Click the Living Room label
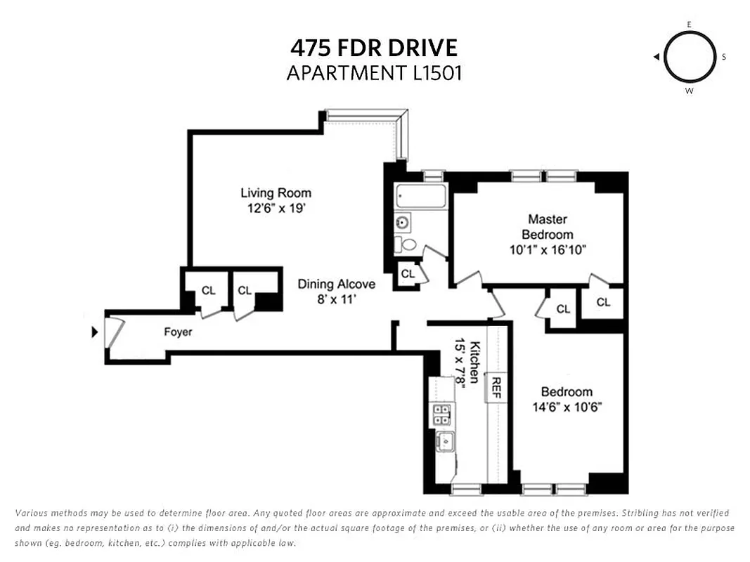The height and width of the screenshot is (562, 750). pyautogui.click(x=276, y=193)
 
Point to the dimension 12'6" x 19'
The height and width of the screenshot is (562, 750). pyautogui.click(x=276, y=209)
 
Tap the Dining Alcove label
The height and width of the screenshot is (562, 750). pyautogui.click(x=336, y=285)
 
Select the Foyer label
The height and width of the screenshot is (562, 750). pyautogui.click(x=178, y=332)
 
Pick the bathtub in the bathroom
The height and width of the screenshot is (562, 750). pyautogui.click(x=420, y=196)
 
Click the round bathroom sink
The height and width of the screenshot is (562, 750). pyautogui.click(x=403, y=223)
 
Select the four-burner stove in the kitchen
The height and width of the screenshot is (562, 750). pyautogui.click(x=441, y=414)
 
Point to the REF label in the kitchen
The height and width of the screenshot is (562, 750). pyautogui.click(x=496, y=387)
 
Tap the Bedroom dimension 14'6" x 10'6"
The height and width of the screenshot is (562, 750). pyautogui.click(x=566, y=407)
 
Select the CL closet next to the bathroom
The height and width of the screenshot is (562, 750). pyautogui.click(x=407, y=274)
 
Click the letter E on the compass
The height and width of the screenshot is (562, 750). pyautogui.click(x=689, y=25)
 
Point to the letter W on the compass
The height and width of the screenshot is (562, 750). pyautogui.click(x=689, y=91)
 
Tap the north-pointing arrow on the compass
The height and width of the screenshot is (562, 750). pyautogui.click(x=656, y=57)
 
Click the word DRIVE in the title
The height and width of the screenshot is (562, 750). pyautogui.click(x=422, y=48)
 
